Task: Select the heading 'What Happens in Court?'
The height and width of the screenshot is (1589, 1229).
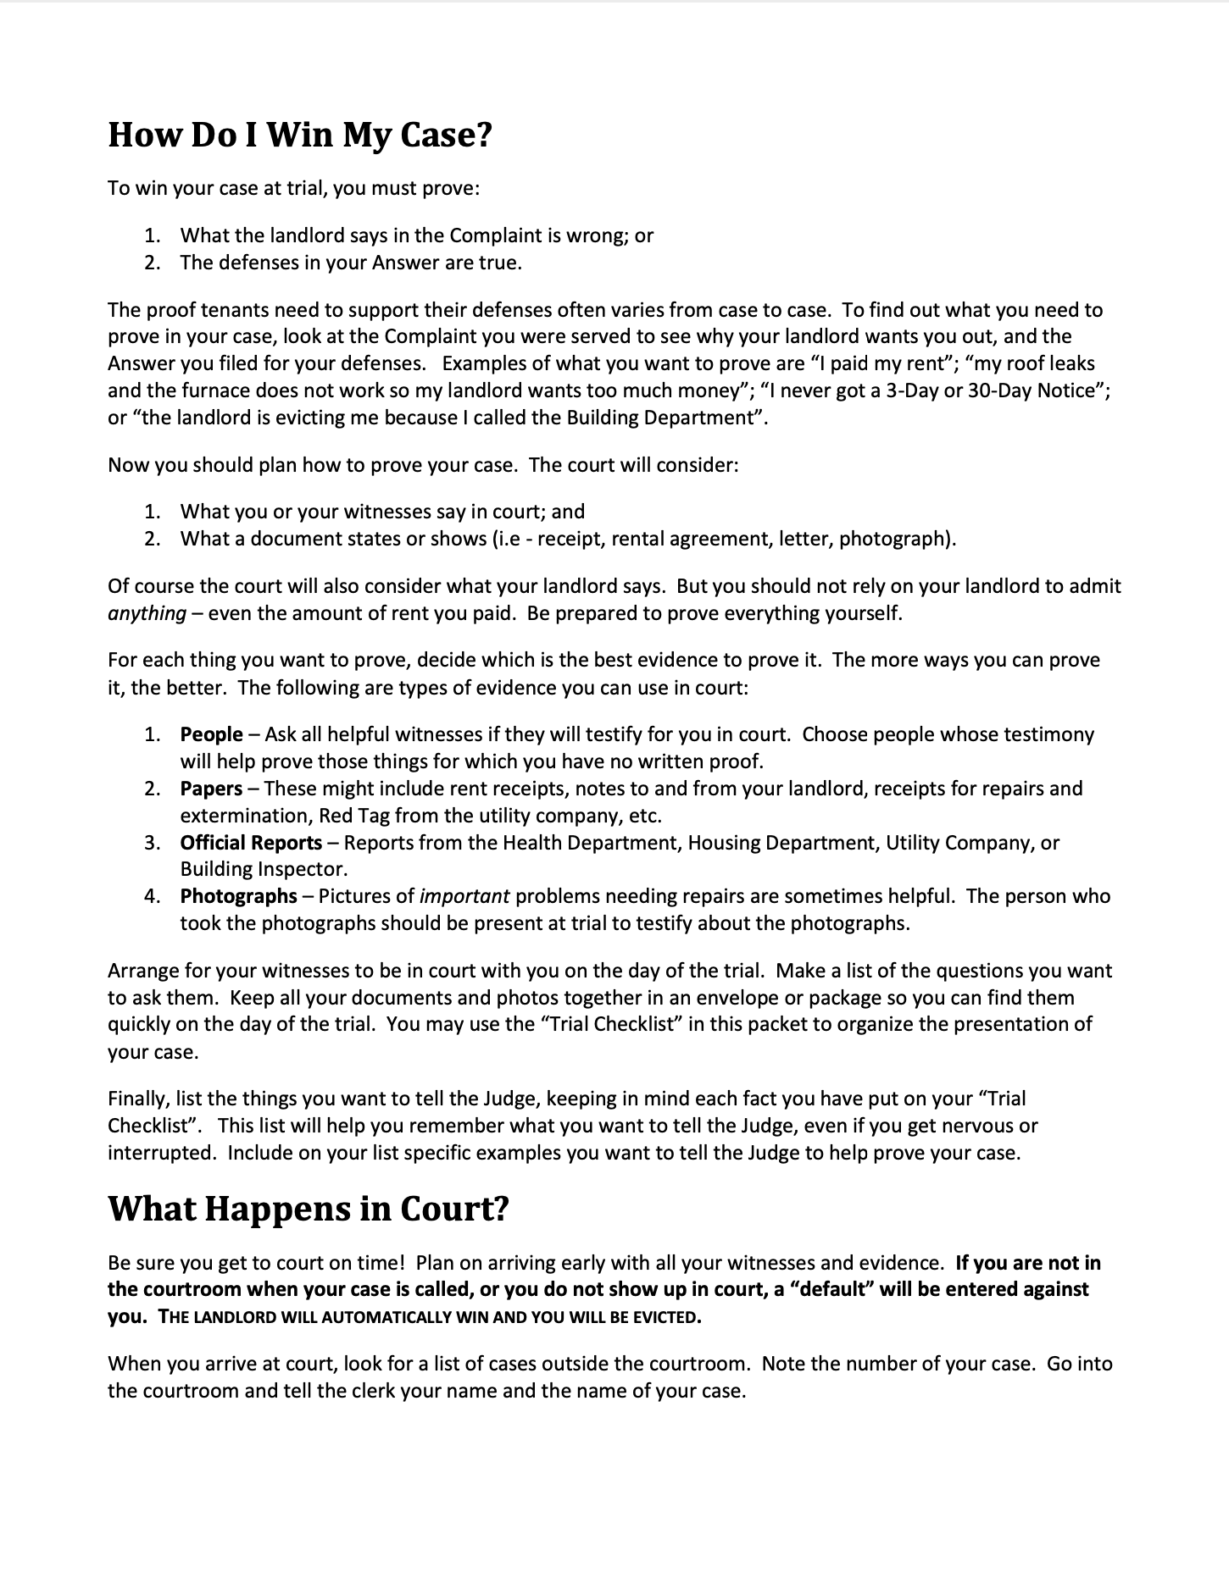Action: (308, 1209)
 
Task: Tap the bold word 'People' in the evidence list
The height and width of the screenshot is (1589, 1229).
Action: (211, 734)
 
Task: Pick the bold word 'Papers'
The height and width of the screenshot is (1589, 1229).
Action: (211, 789)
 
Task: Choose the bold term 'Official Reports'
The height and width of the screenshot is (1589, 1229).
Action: (251, 843)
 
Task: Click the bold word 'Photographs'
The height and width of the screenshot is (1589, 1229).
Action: (238, 896)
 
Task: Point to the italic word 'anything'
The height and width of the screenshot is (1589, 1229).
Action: (147, 613)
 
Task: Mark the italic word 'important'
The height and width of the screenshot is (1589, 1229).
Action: (464, 896)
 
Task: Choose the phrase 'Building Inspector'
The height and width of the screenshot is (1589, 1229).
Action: (263, 869)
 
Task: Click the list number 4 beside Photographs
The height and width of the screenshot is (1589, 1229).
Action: (152, 896)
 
